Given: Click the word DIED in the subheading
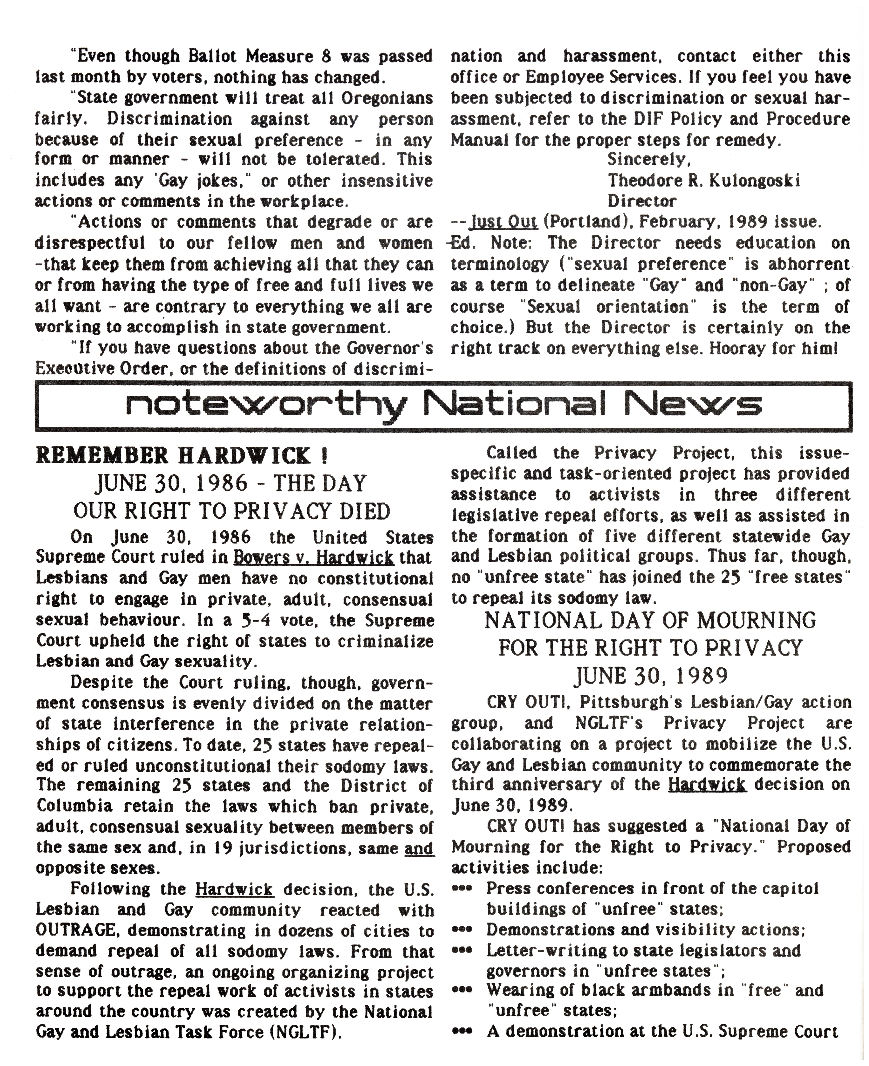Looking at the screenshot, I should pos(364,511).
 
